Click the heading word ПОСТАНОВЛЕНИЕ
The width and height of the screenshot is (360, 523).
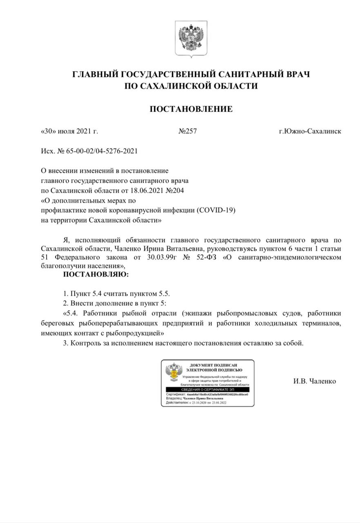(191, 109)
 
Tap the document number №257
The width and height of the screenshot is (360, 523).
(188, 132)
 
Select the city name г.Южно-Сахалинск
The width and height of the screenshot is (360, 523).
(310, 132)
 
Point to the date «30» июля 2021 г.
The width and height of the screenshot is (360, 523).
(70, 132)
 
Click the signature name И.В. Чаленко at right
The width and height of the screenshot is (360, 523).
(315, 381)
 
